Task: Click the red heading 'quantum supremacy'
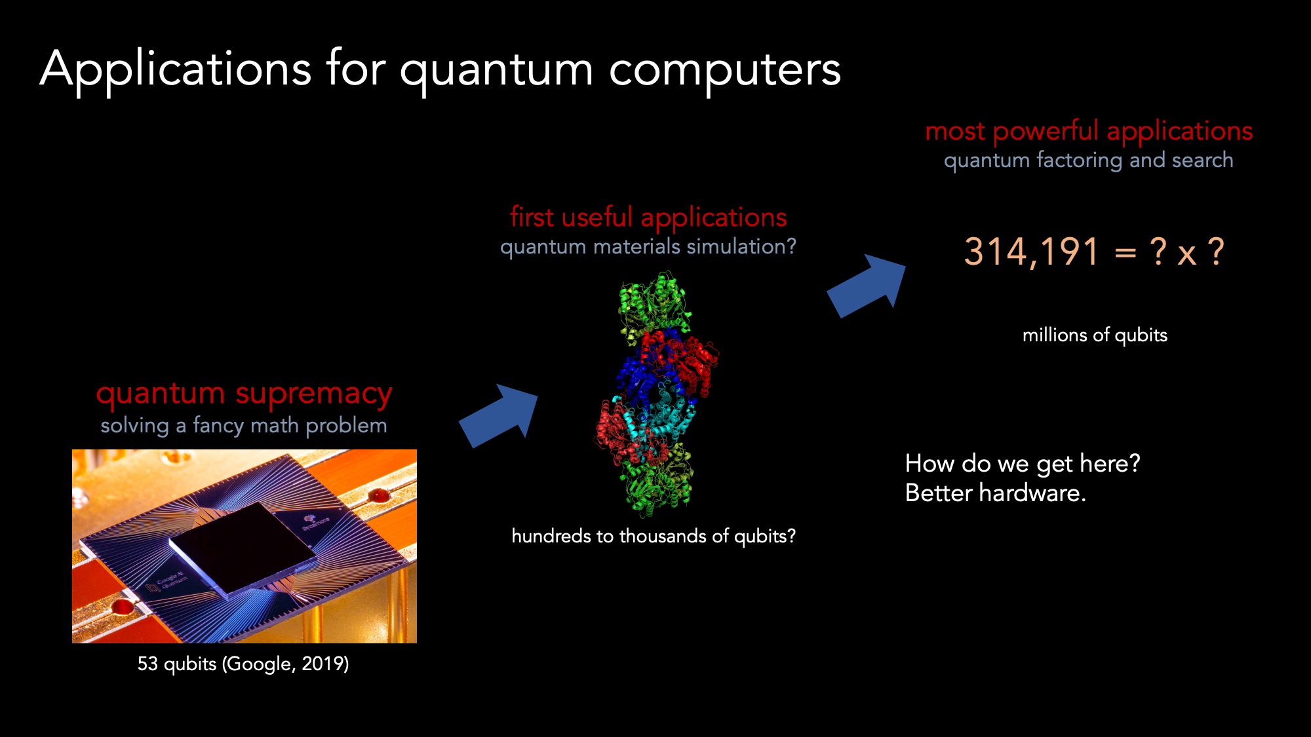[x=244, y=394]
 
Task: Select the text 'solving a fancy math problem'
[x=244, y=426]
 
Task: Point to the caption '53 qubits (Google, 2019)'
[x=243, y=664]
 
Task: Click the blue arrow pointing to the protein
[x=499, y=415]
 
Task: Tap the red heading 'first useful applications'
[x=648, y=217]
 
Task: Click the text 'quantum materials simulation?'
[x=648, y=246]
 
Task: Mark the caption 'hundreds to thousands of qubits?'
[x=654, y=536]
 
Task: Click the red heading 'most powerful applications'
[x=1089, y=132]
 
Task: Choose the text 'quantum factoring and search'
[x=1089, y=160]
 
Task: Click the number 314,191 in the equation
[x=1031, y=252]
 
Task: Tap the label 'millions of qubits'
[x=1095, y=335]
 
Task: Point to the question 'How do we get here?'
[x=1023, y=464]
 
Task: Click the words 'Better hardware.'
[x=996, y=493]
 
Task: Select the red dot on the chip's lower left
[x=123, y=607]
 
